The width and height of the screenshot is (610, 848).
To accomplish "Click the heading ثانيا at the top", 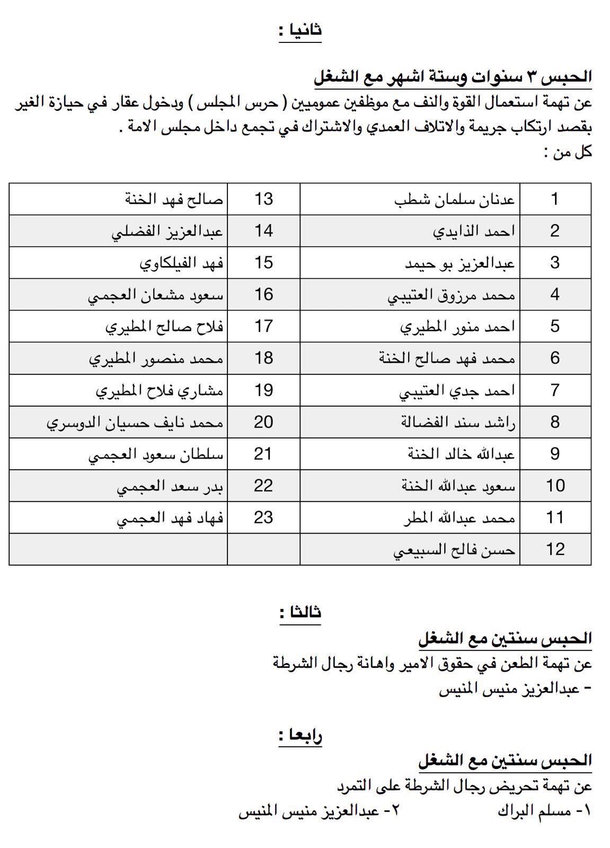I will (300, 30).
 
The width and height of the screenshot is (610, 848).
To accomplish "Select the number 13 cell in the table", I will (263, 199).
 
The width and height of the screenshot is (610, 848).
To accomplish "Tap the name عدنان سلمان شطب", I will (455, 200).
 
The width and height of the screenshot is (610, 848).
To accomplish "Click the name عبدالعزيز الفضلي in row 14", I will (167, 232).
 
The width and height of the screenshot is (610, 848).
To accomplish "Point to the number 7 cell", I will (555, 391).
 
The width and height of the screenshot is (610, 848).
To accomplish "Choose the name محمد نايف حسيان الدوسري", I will (135, 422).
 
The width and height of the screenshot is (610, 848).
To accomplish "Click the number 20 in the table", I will (263, 422).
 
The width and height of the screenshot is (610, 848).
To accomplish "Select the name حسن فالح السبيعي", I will (454, 550).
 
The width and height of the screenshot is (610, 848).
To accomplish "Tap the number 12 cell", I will (555, 550).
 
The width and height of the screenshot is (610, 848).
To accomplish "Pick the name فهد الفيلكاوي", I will (182, 263).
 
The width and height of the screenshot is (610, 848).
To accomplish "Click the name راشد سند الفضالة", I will (458, 422).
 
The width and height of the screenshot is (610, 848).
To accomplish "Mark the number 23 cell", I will (263, 518).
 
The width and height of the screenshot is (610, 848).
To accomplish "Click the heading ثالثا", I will (300, 613).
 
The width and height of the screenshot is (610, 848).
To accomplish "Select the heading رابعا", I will (300, 736).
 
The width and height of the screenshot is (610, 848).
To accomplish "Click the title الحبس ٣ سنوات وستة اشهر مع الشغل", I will (453, 77).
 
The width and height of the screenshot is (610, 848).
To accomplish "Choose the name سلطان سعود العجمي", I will (156, 454).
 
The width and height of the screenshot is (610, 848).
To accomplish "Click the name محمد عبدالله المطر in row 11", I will (459, 518).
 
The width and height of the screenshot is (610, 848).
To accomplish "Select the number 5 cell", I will (555, 327).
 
